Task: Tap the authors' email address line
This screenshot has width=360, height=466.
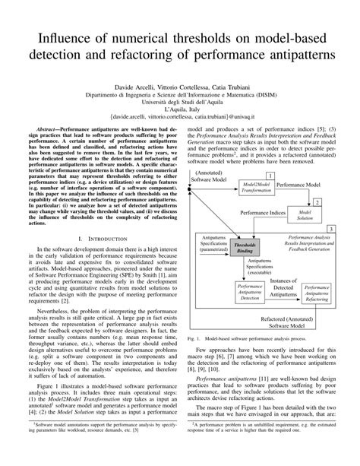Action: click(179, 119)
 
